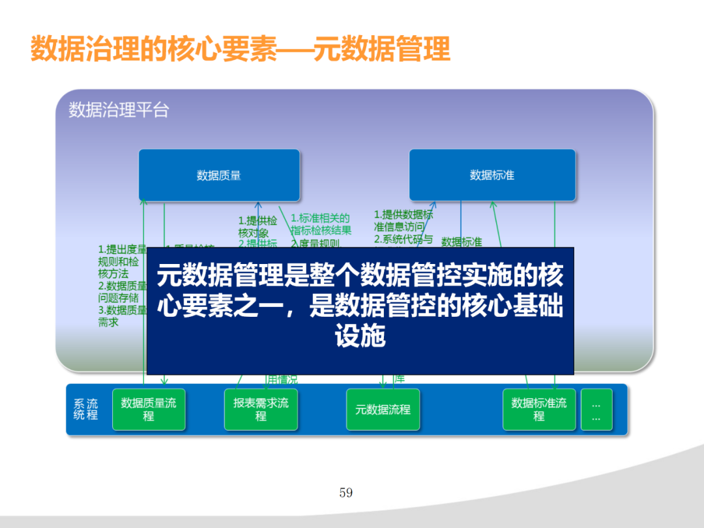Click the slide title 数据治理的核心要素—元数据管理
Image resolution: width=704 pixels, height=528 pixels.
point(241,50)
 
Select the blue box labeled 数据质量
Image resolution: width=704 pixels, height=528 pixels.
point(219,175)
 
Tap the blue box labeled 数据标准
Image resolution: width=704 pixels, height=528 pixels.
point(492,175)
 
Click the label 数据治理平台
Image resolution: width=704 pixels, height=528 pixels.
point(119,110)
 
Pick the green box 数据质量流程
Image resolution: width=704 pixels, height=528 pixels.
point(149,409)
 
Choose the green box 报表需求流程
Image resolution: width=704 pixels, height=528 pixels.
point(261,409)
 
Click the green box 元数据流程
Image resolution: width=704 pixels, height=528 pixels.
point(383,409)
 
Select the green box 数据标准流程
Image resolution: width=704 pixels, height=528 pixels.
point(539,409)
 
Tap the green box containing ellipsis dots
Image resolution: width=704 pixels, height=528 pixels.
point(596,409)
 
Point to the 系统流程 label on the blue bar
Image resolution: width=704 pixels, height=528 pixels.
point(85,409)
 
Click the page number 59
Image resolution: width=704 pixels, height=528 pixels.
point(346,493)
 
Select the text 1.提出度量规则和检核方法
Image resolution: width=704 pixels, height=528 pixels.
point(122,261)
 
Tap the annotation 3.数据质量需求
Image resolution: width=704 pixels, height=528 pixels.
point(122,316)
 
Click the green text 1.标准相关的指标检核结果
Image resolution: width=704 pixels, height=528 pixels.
point(321,224)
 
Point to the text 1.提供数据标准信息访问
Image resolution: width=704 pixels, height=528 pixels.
point(403,220)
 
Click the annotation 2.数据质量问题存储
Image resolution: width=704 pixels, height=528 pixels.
point(122,291)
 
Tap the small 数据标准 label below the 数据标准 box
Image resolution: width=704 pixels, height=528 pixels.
point(462,242)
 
